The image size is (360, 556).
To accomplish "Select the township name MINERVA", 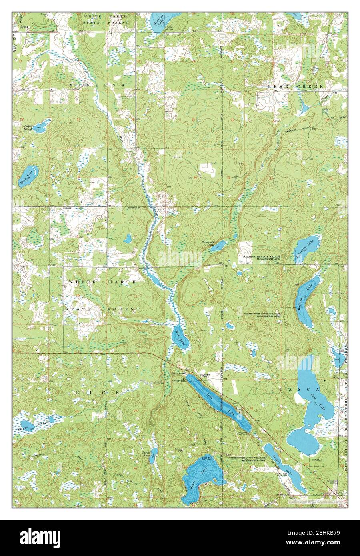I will pos(97,86).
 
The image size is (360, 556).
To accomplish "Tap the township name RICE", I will pos(97,393).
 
